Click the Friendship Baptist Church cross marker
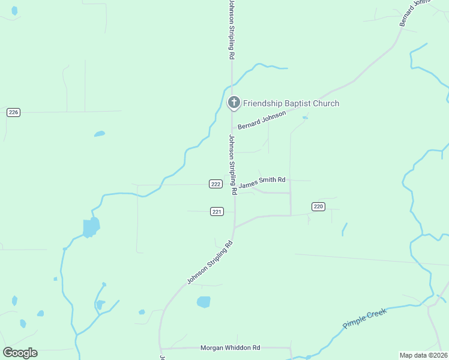coord(234,103)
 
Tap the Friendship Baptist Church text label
coord(291,103)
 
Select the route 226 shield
coord(14,112)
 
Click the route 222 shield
coord(216,184)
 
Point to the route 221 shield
coord(217,211)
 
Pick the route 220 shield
coord(318,206)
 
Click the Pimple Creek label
coord(366,317)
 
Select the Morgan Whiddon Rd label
coord(230,347)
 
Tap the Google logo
coord(20,352)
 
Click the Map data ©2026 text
coord(423,355)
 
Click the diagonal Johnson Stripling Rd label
coord(209,263)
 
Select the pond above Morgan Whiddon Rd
coord(204,302)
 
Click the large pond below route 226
coord(91,227)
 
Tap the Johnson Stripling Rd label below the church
coord(231,164)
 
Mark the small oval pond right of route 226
coord(100,134)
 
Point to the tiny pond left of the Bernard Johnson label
coord(305,118)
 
